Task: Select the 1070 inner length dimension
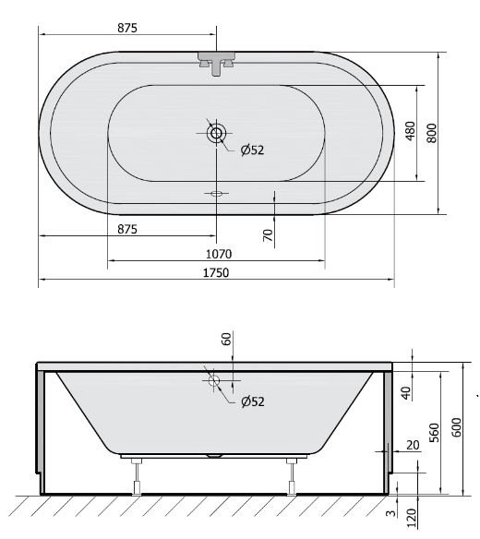[x=217, y=254]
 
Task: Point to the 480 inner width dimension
[x=411, y=133]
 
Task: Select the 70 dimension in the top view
[x=269, y=235]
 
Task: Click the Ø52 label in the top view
[x=252, y=150]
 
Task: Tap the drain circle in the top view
[x=216, y=134]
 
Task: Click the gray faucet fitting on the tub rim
[x=216, y=62]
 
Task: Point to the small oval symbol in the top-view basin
[x=217, y=194]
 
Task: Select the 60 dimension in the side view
[x=226, y=340]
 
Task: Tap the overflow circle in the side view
[x=215, y=379]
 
